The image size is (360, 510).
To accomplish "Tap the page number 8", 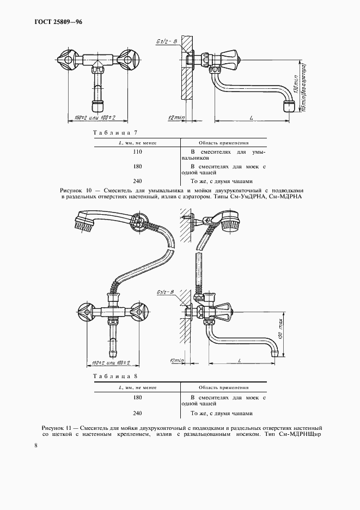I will click(x=36, y=445).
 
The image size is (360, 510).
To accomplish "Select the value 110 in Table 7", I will click(x=137, y=152).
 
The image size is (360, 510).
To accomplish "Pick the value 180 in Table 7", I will click(x=137, y=166).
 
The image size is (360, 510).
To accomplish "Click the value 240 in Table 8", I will click(x=137, y=412).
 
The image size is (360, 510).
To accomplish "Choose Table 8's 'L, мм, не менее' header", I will click(x=137, y=387).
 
